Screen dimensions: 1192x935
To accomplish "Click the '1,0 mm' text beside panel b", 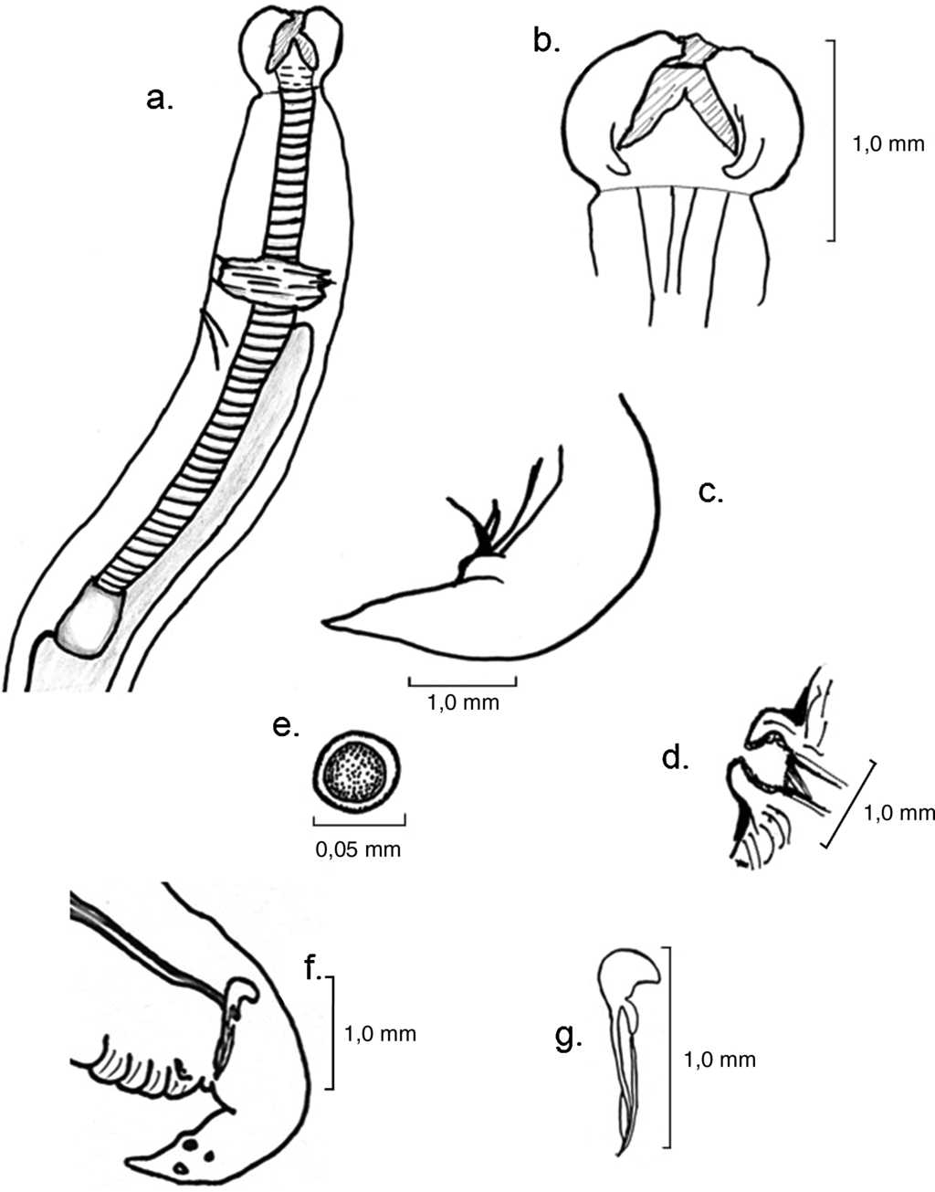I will [x=888, y=143].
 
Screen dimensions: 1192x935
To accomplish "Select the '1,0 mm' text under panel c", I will [x=463, y=704].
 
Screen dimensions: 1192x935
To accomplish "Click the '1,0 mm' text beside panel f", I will [x=380, y=1034].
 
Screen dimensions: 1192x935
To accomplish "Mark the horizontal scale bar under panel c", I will [x=462, y=681].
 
